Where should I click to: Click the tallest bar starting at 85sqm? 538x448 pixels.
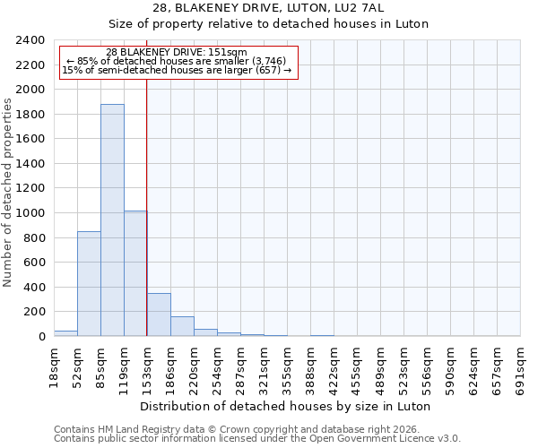(112, 220)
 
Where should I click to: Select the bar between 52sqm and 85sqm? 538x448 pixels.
(89, 283)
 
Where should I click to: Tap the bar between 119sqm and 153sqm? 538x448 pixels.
(135, 273)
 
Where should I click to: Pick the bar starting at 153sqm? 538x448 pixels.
(159, 314)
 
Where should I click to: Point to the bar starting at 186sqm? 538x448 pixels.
(182, 326)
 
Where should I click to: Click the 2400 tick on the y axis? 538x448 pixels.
(30, 40)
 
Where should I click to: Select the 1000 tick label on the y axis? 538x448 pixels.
(30, 213)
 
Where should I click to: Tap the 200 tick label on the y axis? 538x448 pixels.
(34, 312)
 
